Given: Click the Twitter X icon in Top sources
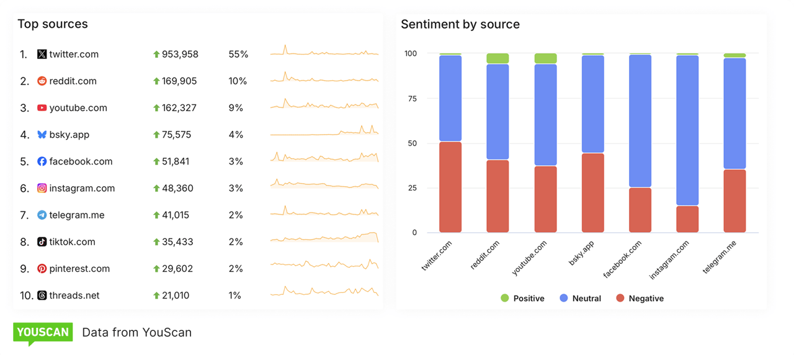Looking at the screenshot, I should (42, 55).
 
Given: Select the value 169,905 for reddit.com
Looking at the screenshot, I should (179, 81).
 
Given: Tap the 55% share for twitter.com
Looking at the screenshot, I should (238, 55).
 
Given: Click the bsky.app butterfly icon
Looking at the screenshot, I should (42, 135).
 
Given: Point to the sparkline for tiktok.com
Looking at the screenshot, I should (324, 239).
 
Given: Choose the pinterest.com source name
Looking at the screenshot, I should (79, 269).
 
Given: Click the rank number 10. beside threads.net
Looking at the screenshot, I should (26, 295).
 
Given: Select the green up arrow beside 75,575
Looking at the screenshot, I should (156, 135).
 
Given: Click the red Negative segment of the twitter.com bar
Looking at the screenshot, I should (450, 187).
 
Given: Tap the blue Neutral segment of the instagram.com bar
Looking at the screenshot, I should (687, 130).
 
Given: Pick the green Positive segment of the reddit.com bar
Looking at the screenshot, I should (497, 58).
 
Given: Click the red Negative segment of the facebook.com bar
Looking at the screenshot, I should (640, 210).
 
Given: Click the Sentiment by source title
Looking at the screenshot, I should (460, 24).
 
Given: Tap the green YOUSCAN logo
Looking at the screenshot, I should (43, 333).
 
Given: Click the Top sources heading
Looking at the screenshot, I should (53, 24).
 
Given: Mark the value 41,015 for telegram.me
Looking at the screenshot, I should (176, 215).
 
